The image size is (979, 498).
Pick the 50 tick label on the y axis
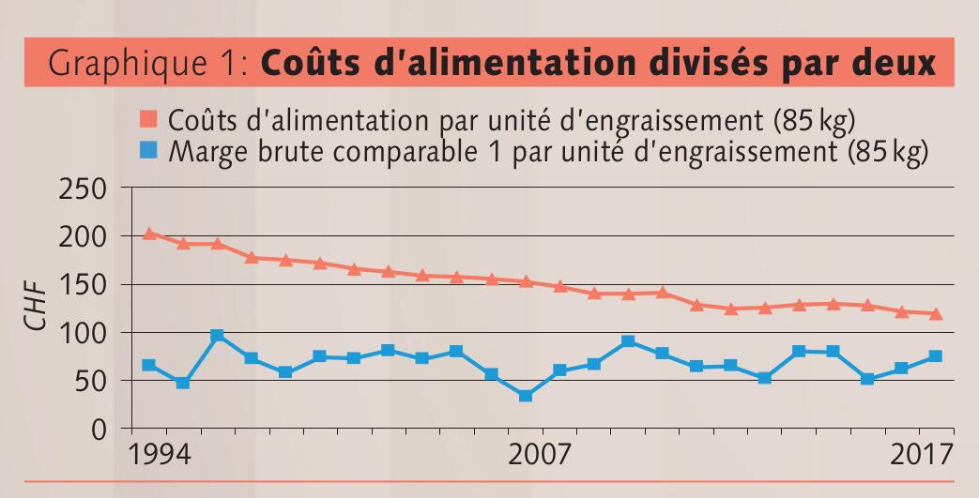95,381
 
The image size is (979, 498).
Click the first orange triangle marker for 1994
148,234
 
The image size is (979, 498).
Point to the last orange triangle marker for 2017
936,313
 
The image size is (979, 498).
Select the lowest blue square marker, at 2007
526,396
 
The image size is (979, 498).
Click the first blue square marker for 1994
148,365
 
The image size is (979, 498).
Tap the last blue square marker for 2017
936,356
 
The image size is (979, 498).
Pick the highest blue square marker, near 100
217,335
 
